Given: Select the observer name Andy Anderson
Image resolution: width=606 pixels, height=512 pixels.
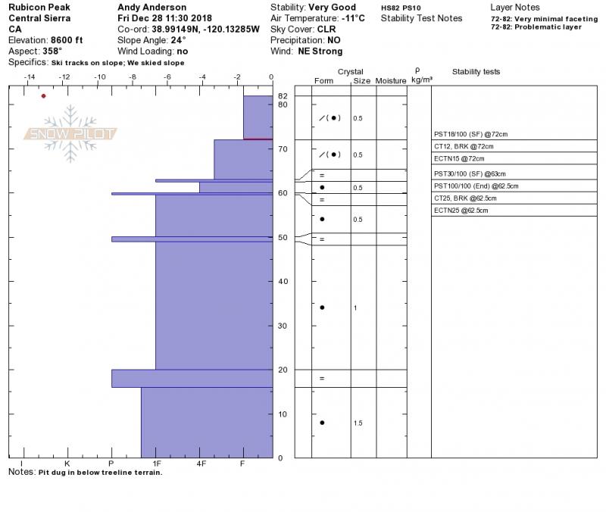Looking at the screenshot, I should tap(152, 8).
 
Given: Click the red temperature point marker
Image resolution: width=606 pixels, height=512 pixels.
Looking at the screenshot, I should tap(44, 96).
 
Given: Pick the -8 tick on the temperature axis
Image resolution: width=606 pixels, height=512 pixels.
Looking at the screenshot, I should tap(133, 76).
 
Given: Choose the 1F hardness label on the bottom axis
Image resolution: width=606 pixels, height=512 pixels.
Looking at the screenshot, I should tap(156, 463).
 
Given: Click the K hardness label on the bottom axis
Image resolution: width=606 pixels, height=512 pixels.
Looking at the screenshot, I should tap(67, 463).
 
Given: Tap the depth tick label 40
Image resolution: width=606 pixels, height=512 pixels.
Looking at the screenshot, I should tap(283, 282).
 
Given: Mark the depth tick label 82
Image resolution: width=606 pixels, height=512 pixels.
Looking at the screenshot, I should tap(283, 96).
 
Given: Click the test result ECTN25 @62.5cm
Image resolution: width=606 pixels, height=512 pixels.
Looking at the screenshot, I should tap(461, 210).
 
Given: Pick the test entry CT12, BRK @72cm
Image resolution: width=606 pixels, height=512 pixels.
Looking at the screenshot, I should tap(464, 145).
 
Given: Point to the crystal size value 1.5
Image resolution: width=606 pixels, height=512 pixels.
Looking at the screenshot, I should tap(358, 423).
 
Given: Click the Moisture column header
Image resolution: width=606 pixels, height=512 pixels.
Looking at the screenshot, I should tap(391, 80).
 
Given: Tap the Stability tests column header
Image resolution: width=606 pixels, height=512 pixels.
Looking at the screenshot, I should tap(476, 72).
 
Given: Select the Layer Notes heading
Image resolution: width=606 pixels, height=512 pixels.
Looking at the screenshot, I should tap(516, 8).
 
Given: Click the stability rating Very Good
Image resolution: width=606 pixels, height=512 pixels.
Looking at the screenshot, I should tap(333, 8).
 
